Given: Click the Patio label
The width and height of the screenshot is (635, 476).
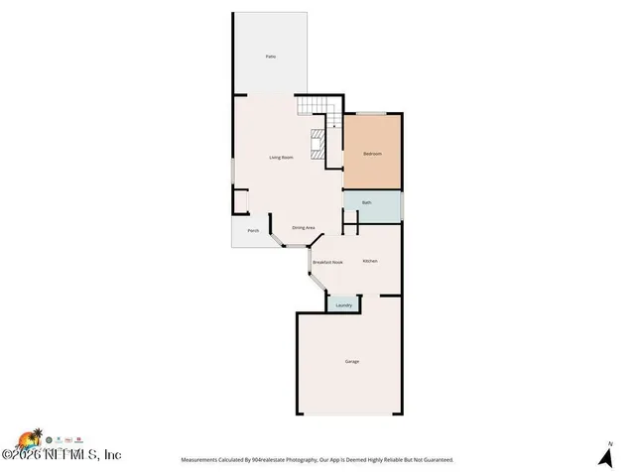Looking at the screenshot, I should (270, 57).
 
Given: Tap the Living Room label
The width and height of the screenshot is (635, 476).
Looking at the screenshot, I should (281, 158).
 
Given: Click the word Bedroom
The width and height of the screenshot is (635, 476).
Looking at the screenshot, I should (372, 154).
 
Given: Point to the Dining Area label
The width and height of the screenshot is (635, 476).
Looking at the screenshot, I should (303, 228).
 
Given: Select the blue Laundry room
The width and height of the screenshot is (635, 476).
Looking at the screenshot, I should (343, 304).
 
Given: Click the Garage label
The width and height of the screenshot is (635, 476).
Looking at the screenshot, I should (351, 361).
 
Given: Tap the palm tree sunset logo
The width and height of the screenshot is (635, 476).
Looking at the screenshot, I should (29, 438).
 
